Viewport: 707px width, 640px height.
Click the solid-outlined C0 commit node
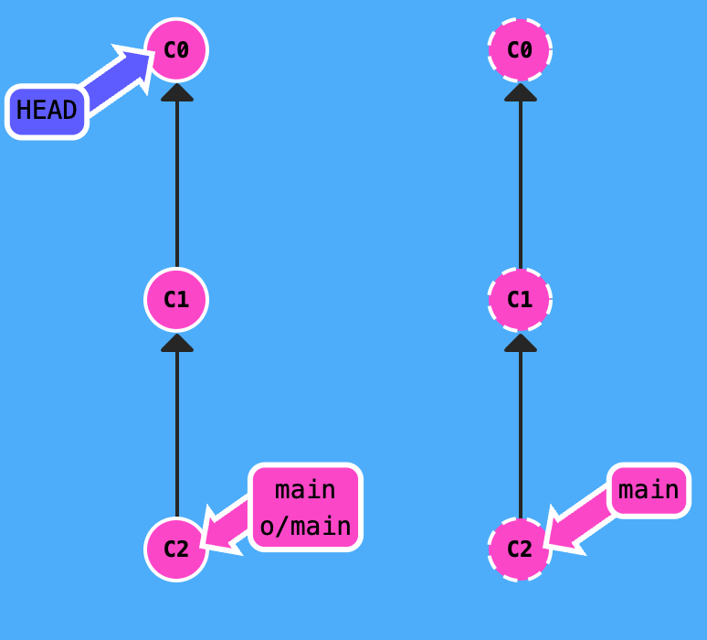[176, 49]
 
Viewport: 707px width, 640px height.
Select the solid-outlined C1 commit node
[176, 299]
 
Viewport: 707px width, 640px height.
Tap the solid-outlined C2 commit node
[176, 549]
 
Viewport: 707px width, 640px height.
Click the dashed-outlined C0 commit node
[520, 49]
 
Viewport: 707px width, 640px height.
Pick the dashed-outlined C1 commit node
[520, 299]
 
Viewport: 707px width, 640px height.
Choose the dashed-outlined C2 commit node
[520, 549]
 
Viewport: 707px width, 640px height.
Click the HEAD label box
[47, 112]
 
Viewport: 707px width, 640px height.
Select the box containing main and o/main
[305, 507]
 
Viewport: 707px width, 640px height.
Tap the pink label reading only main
[649, 491]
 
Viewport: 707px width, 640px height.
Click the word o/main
[305, 526]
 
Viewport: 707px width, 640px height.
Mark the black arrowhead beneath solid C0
[176, 91]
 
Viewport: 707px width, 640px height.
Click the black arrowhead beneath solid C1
[176, 342]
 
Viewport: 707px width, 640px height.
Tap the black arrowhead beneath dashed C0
[520, 91]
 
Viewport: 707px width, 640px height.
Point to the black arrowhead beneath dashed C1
[520, 342]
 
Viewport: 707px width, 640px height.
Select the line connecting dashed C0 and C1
[520, 183]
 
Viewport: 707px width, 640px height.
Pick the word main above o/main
[305, 490]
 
